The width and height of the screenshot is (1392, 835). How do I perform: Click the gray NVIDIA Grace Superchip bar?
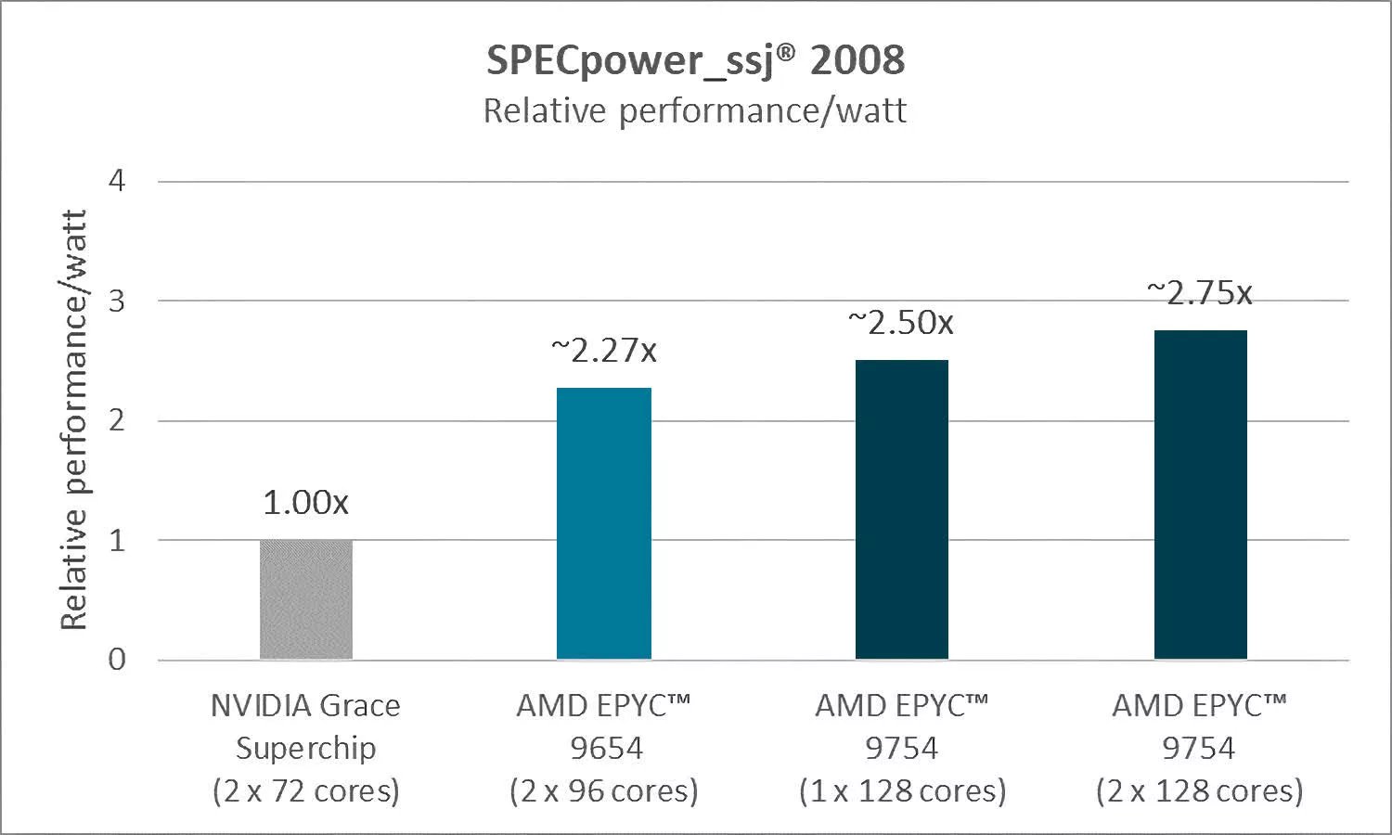coord(306,599)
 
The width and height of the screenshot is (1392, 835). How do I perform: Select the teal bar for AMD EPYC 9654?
coord(604,523)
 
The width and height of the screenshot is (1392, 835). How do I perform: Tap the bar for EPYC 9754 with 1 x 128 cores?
coord(902,509)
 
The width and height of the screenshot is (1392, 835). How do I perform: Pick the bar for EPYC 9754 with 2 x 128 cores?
coord(1200,495)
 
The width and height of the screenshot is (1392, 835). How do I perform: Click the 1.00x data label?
coord(306,503)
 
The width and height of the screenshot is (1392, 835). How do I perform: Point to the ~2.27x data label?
coord(604,351)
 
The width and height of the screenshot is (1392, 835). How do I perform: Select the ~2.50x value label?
coord(901,323)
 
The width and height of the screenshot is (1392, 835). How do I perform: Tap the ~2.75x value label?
coord(1200,293)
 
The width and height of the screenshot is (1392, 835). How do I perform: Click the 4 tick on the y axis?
coord(117,181)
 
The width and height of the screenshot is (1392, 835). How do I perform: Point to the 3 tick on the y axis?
coord(117,301)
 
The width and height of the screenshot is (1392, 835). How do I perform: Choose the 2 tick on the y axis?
coord(117,420)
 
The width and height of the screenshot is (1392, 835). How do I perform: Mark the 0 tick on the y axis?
coord(117,660)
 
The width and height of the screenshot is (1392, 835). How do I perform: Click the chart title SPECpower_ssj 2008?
coord(695,60)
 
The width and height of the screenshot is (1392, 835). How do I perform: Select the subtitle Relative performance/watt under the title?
coord(695,111)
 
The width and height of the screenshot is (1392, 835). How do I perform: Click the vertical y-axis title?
coord(73,419)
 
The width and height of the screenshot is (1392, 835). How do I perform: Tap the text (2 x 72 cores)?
coord(306,790)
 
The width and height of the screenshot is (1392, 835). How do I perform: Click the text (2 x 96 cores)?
coord(604,790)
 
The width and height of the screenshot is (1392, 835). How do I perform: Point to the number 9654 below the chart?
coord(607,748)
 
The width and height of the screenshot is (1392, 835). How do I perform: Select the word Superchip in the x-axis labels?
coord(306,748)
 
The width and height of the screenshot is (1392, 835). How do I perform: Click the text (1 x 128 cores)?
coord(902,790)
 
